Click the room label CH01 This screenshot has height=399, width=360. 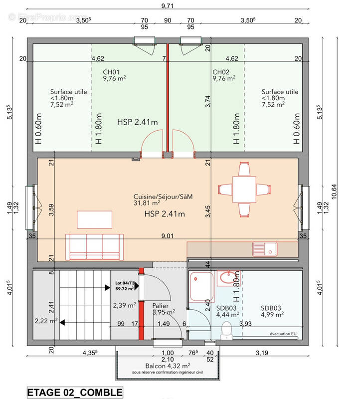click(111, 71)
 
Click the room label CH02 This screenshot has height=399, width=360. click(221, 71)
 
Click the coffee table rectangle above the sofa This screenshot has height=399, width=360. click(95, 218)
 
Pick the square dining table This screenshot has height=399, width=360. click(243, 189)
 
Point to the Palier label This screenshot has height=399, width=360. click(161, 306)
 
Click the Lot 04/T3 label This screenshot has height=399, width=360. click(124, 284)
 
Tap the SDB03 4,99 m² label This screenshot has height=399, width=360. click(272, 311)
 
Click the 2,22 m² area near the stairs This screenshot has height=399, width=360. click(46, 321)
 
